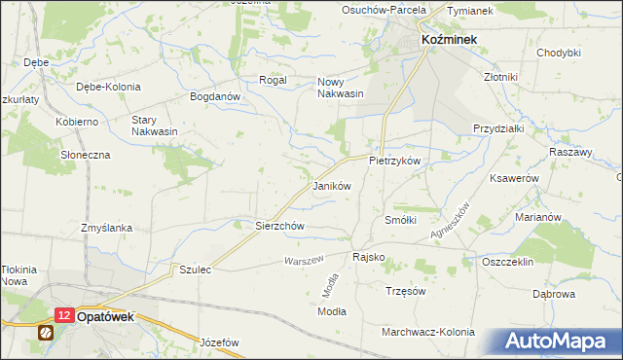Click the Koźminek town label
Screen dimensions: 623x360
pos(448,38)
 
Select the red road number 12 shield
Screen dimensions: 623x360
pos(63,315)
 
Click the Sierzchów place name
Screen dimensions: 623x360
pos(280,226)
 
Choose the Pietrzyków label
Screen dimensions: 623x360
pos(393,160)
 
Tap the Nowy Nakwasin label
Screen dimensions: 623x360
pos(341,88)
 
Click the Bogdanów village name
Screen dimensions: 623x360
pos(214,97)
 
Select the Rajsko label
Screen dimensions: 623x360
pos(368,257)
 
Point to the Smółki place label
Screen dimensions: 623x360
pos(401,221)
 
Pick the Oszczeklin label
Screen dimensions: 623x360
pos(509,263)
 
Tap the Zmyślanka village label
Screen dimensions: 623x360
pos(107,228)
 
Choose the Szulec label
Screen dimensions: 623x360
pos(195,269)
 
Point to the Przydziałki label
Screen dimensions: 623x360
pos(498,128)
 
